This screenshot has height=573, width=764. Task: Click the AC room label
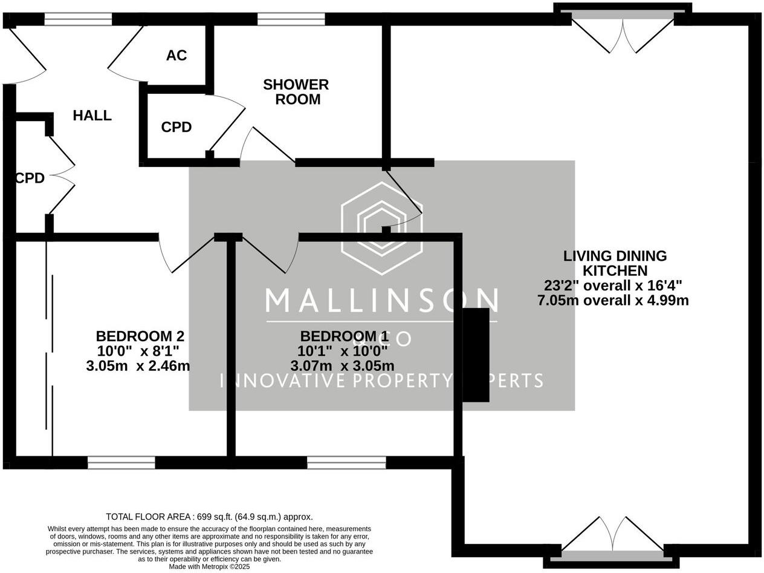[x=176, y=56]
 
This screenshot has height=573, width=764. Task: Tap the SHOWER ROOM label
[x=296, y=92]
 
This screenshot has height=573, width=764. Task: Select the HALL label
[x=92, y=116]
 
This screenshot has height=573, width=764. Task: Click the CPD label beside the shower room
[x=176, y=127]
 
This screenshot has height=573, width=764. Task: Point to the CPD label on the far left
[x=30, y=178]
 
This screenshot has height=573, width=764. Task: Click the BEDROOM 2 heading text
[x=140, y=336]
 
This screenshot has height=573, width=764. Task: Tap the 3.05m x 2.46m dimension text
[x=138, y=366]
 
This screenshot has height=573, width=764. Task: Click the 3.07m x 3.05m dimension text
[x=342, y=366]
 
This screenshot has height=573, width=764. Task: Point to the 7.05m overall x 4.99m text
[x=613, y=300]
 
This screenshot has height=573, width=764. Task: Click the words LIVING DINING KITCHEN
[x=615, y=263]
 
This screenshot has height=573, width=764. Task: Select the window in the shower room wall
[x=291, y=19]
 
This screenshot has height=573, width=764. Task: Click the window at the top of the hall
[x=78, y=19]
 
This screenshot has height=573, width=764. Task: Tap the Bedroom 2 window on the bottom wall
[x=121, y=463]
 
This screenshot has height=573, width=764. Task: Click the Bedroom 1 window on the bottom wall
[x=346, y=463]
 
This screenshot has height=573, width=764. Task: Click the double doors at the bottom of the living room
[x=612, y=535]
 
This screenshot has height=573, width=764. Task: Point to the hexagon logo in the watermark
[x=381, y=229]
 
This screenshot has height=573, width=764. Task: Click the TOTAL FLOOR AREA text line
[x=209, y=517]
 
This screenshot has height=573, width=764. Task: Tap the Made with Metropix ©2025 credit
[x=209, y=567]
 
